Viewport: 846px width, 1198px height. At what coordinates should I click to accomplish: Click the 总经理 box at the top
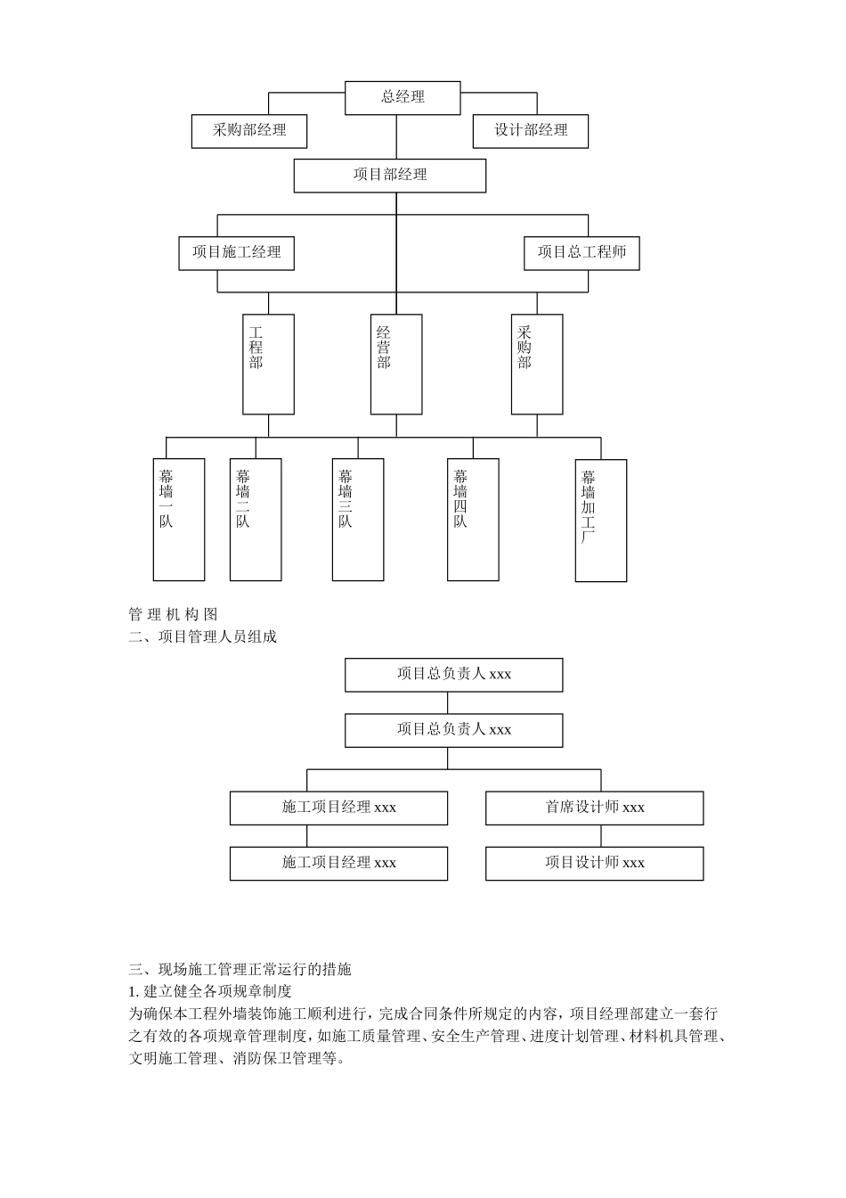[403, 97]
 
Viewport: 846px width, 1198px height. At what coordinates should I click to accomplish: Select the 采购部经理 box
[249, 131]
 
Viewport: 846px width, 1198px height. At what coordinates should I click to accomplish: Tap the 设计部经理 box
[530, 131]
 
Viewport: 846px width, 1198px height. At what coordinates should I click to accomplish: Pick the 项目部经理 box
[390, 176]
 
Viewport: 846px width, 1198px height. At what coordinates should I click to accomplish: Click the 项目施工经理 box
[236, 253]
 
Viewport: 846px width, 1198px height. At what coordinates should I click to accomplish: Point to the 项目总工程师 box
[582, 253]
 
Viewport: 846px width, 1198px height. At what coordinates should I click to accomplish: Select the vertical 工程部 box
[268, 364]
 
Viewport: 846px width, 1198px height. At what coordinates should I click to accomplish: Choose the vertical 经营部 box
[396, 364]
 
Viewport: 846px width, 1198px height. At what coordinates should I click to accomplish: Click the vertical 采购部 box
[537, 364]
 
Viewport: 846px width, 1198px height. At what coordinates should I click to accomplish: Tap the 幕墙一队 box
[179, 520]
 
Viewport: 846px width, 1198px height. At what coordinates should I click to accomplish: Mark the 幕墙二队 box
[256, 520]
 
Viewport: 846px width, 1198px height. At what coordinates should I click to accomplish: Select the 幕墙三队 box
[358, 520]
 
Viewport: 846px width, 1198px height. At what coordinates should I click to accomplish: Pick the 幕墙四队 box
[473, 520]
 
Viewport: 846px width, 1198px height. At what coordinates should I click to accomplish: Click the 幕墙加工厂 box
[601, 521]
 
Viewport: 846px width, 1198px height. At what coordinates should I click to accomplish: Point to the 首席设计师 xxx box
[594, 808]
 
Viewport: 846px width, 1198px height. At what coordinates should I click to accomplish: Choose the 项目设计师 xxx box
[594, 863]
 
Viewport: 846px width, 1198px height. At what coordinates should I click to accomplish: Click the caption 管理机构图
[173, 614]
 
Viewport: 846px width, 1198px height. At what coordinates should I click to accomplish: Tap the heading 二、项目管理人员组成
[203, 636]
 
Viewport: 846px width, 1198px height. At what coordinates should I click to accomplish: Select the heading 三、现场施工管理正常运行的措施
[240, 969]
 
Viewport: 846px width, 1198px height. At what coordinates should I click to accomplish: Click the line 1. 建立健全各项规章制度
[210, 991]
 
